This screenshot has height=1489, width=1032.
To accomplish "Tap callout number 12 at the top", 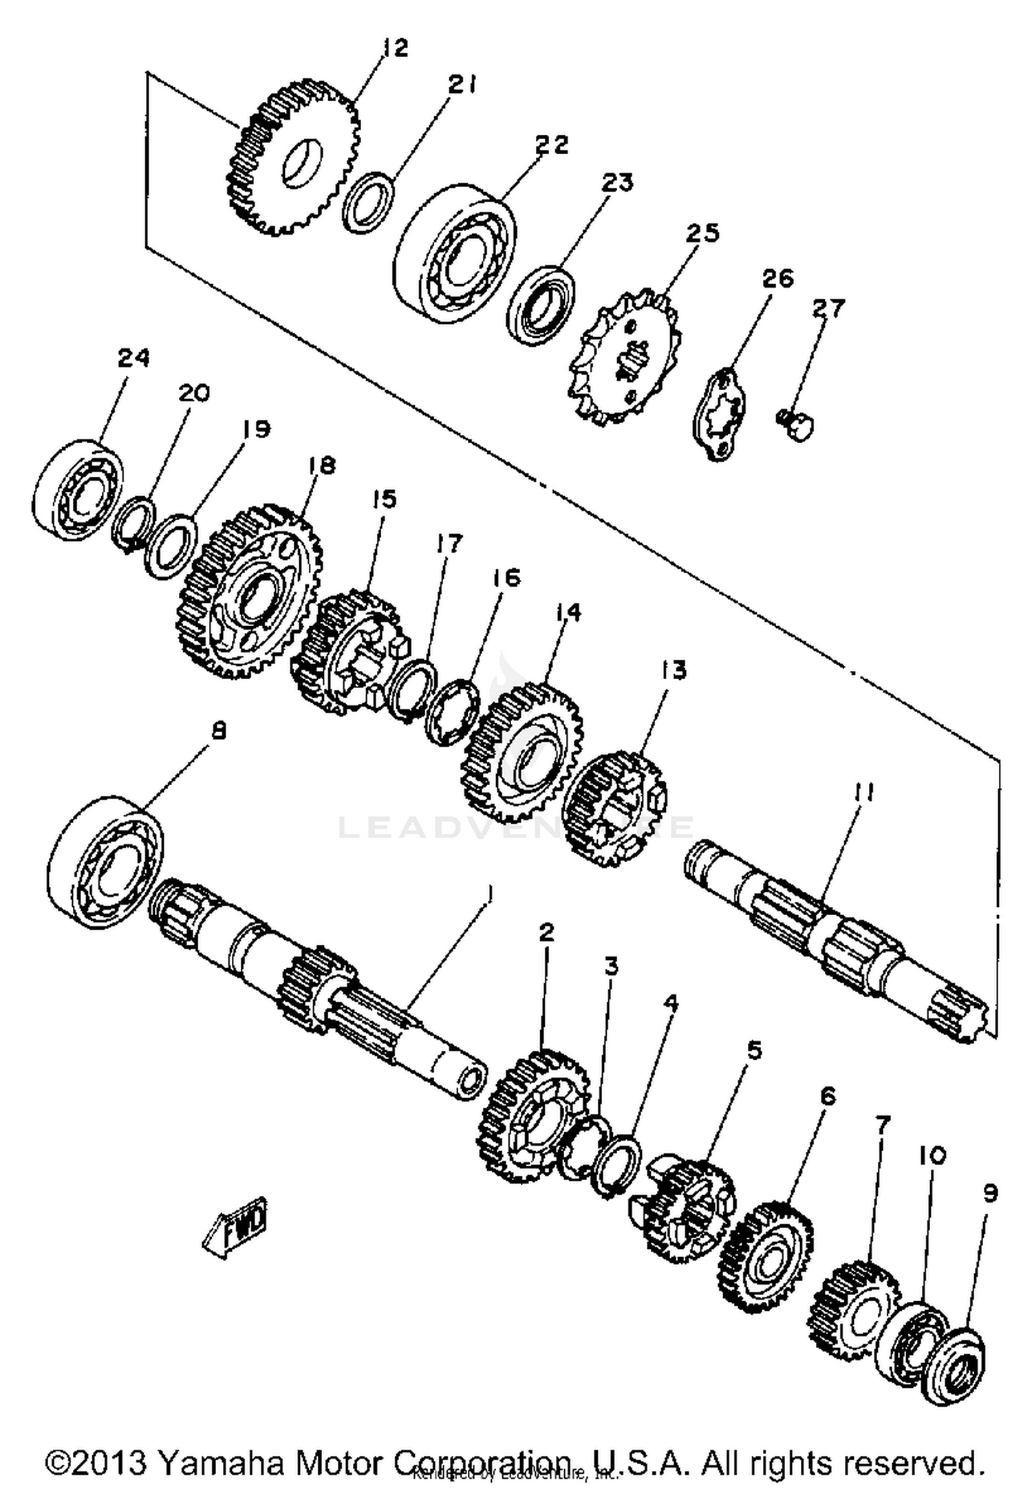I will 396,48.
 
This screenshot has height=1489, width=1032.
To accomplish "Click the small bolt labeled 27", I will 798,424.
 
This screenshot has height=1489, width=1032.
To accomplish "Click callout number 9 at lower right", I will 989,1193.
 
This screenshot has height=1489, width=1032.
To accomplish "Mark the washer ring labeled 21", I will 369,204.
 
